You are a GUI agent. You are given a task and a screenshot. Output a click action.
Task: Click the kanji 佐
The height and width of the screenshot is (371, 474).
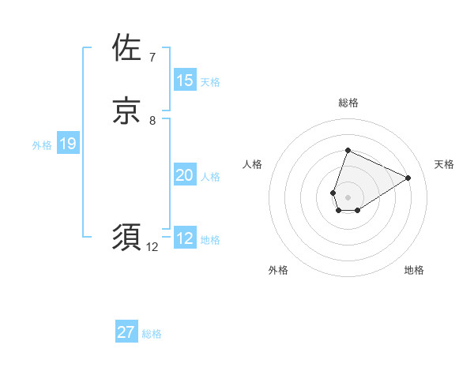pyautogui.click(x=127, y=48)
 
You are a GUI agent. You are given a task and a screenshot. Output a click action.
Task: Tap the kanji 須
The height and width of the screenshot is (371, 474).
pyautogui.click(x=127, y=238)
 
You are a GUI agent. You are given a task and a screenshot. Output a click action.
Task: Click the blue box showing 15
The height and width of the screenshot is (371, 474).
pyautogui.click(x=185, y=81)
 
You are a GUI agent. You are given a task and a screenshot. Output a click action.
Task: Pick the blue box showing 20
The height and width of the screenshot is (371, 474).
pyautogui.click(x=185, y=175)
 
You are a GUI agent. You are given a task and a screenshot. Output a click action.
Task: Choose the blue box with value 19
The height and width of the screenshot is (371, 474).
pyautogui.click(x=68, y=144)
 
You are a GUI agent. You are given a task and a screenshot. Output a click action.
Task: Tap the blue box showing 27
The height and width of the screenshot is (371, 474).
pyautogui.click(x=126, y=332)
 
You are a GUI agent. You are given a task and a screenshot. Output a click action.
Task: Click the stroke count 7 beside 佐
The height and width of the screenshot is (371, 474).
pyautogui.click(x=152, y=58)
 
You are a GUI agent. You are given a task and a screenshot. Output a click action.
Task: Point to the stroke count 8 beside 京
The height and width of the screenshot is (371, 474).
pyautogui.click(x=152, y=121)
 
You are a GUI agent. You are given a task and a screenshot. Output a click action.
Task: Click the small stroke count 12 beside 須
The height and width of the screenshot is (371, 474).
pyautogui.click(x=152, y=247)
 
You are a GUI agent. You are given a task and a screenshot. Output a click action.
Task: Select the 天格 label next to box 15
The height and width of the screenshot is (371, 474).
pyautogui.click(x=210, y=81)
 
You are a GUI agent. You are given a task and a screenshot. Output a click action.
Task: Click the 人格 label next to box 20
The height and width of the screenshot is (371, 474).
pyautogui.click(x=210, y=176)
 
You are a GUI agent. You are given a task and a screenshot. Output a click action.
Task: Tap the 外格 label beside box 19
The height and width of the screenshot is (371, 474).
pyautogui.click(x=42, y=144)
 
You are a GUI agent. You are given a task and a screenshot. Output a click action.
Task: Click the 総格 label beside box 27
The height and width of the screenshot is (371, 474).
pyautogui.click(x=152, y=333)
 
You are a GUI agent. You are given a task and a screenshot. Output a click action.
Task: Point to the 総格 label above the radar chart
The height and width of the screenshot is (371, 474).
pyautogui.click(x=348, y=103)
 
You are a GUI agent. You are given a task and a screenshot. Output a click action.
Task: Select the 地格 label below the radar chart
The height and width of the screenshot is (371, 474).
pyautogui.click(x=414, y=270)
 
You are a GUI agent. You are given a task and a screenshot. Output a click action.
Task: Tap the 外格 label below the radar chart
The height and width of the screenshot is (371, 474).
pyautogui.click(x=278, y=270)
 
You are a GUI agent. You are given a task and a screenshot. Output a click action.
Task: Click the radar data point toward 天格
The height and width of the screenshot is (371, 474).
pyautogui.click(x=408, y=178)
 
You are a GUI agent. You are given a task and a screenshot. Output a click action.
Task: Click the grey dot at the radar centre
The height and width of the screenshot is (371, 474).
pyautogui.click(x=348, y=197)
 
